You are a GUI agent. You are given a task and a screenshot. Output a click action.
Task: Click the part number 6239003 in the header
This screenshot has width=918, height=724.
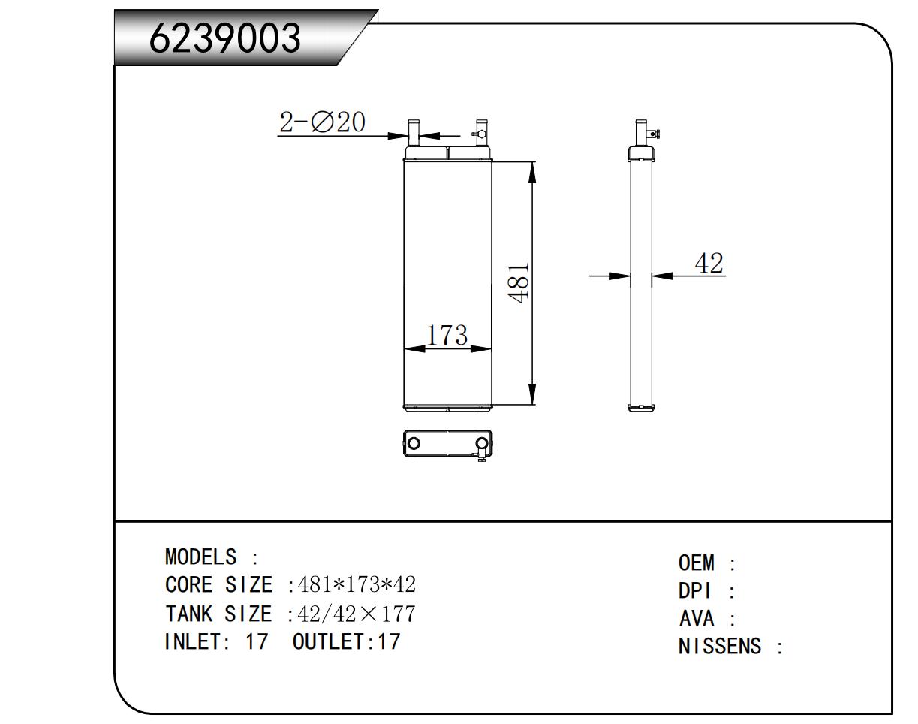[x=225, y=38]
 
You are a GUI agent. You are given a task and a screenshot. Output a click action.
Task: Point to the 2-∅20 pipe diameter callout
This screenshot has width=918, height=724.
[x=322, y=122]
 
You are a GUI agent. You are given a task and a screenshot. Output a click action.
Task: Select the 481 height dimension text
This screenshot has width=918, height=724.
[x=519, y=282]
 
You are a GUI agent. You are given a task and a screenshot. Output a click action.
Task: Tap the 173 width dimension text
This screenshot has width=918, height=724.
[x=447, y=335]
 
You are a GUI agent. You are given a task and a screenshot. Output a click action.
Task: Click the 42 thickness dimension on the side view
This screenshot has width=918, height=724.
[x=709, y=264]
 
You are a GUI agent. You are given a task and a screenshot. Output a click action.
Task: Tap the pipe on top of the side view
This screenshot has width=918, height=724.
[x=640, y=133]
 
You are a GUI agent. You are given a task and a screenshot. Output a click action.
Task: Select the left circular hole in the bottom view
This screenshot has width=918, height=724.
[x=413, y=443]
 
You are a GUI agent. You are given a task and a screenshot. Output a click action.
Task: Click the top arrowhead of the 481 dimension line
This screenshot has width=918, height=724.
[x=532, y=173]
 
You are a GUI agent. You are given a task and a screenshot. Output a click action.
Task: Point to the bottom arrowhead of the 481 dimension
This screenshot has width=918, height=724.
[x=532, y=394]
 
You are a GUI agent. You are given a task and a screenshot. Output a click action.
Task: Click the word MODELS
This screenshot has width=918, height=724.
[x=200, y=557]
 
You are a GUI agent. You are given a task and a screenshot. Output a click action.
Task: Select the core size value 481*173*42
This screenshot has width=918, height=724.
[x=357, y=584]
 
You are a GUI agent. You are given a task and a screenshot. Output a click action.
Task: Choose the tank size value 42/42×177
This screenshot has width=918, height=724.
[x=357, y=614]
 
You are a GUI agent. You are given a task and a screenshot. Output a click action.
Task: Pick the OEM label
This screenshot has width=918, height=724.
[x=696, y=563]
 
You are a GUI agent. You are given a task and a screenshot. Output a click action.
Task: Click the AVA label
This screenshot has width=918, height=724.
[x=696, y=619]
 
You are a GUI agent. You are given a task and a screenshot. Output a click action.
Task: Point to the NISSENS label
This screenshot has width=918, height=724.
[x=720, y=647]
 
